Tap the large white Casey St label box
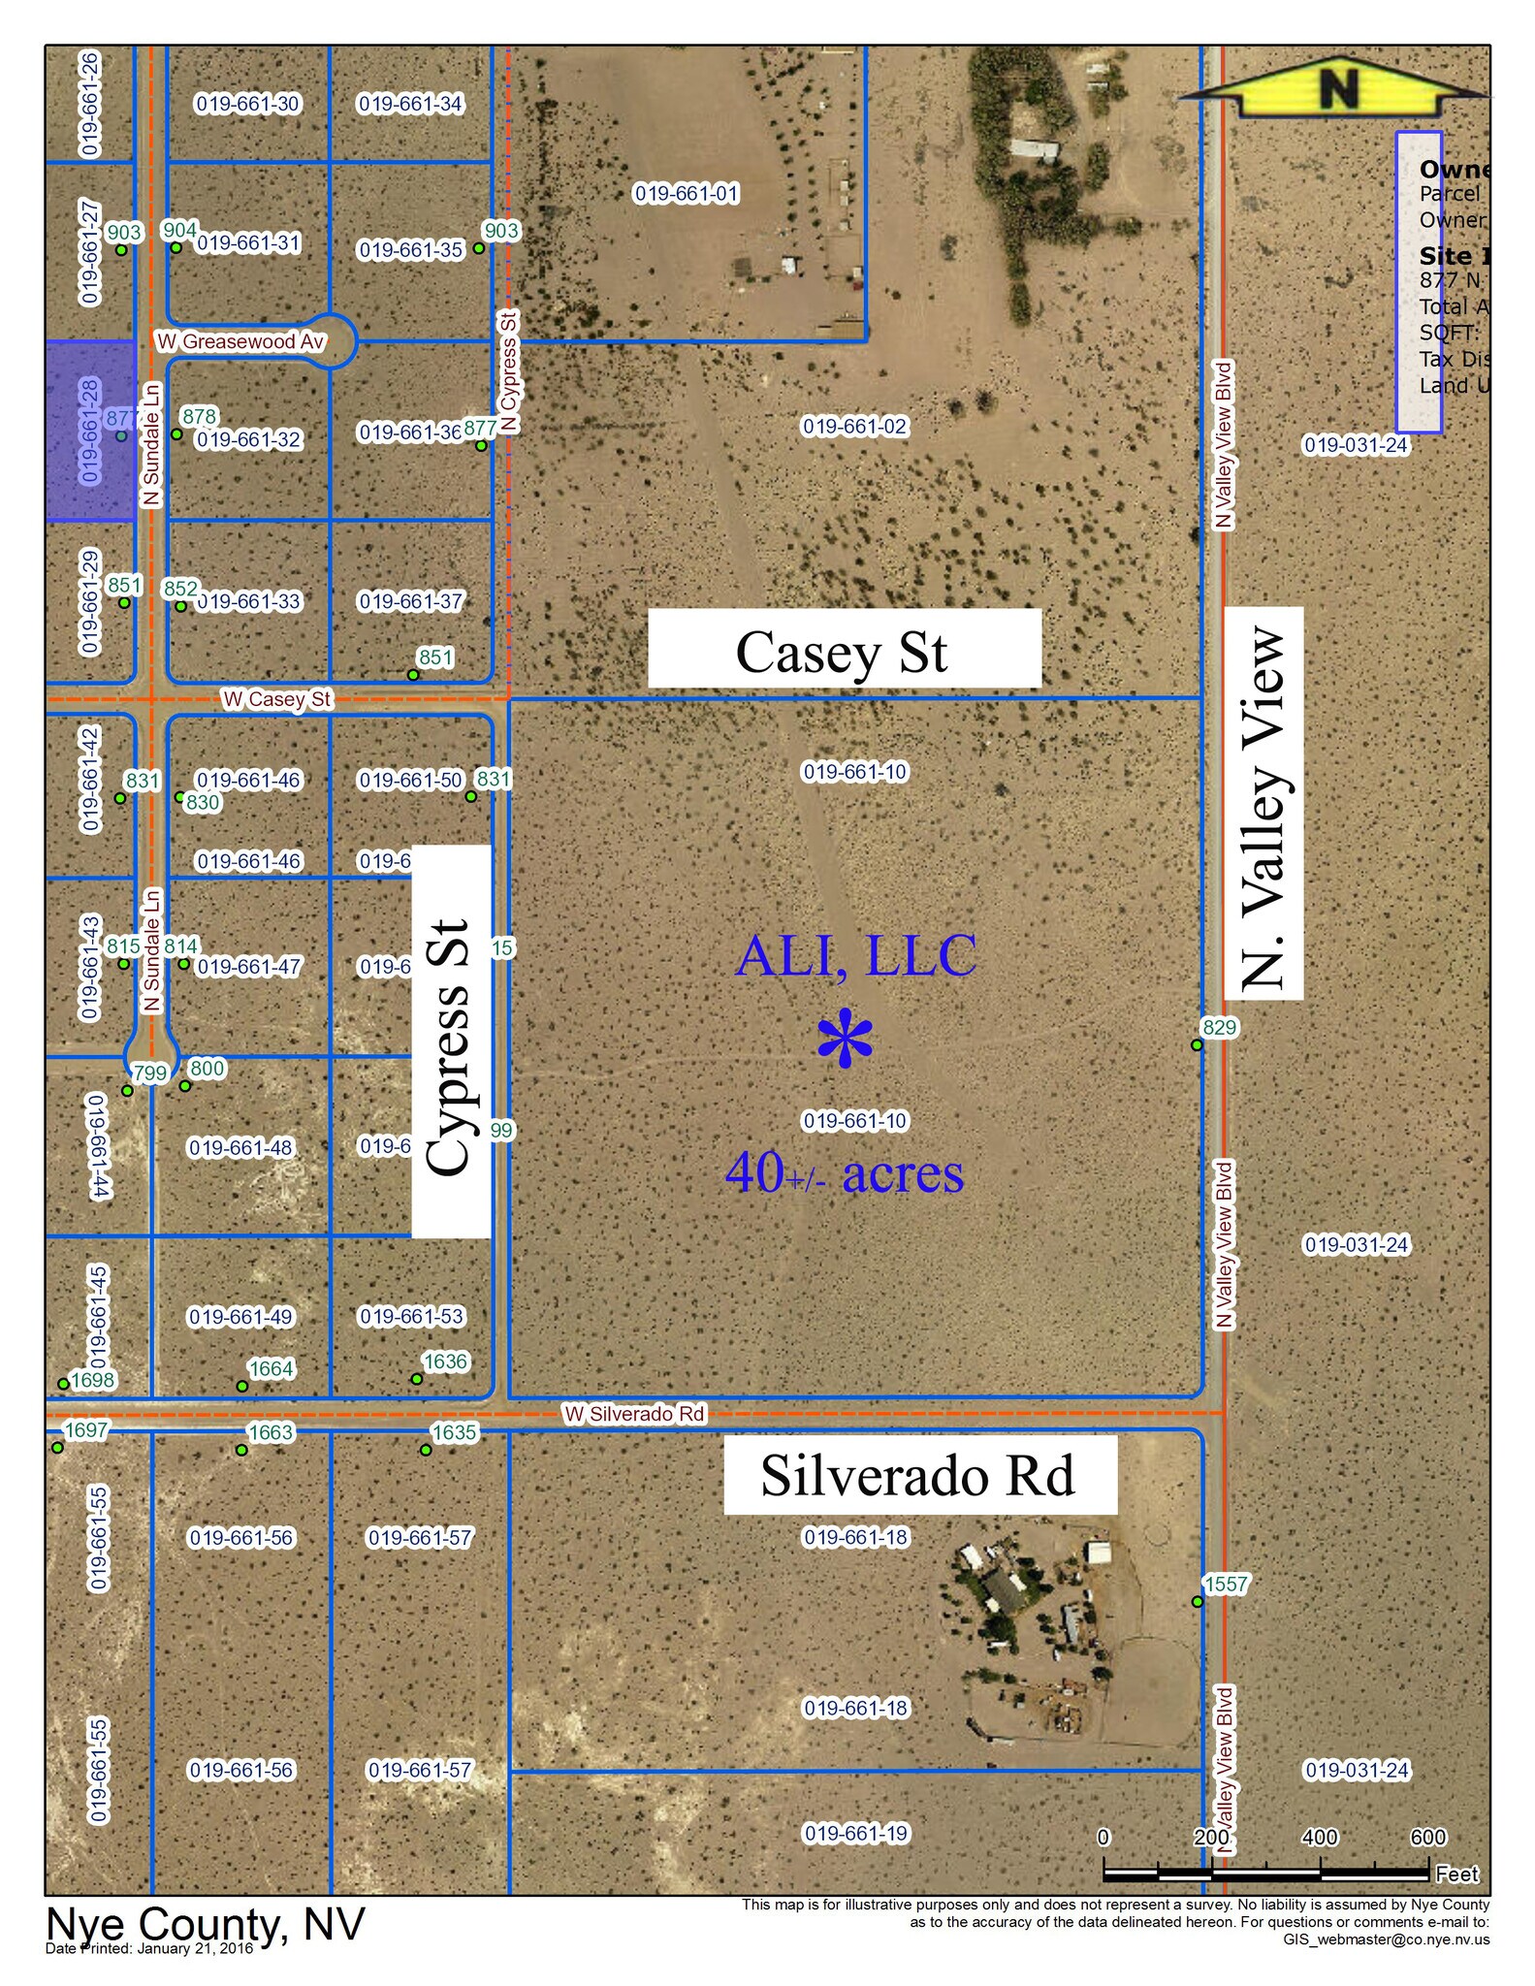[x=844, y=650]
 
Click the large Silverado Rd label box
[x=919, y=1475]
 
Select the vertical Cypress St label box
[x=450, y=1041]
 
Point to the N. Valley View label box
[x=1263, y=803]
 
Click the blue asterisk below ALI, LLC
[x=845, y=1040]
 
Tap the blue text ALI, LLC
[x=855, y=956]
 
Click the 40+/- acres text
[x=844, y=1173]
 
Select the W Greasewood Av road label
[x=240, y=341]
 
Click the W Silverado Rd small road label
[x=635, y=1414]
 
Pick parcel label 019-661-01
[x=687, y=194]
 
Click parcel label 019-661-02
[x=854, y=427]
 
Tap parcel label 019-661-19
[x=856, y=1833]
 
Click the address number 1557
[x=1226, y=1584]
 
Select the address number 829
[x=1220, y=1027]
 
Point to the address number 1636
[x=445, y=1361]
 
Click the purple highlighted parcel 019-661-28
[x=90, y=431]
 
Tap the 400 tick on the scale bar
[x=1320, y=1838]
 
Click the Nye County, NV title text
[x=206, y=1924]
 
